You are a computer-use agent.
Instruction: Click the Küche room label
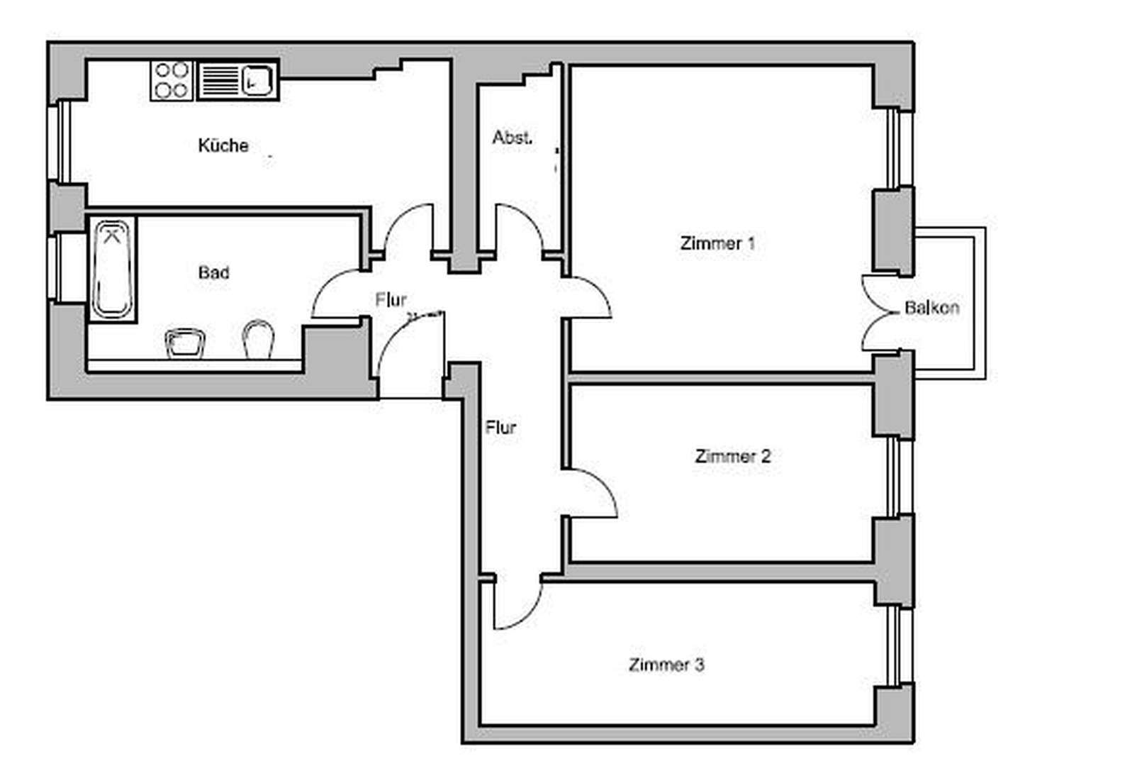point(223,145)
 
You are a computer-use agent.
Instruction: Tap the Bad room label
point(213,272)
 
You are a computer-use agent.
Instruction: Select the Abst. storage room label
point(512,138)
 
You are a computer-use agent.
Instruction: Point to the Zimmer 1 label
point(717,243)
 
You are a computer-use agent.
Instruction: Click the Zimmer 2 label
point(732,456)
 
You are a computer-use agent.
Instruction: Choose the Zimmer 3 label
point(666,665)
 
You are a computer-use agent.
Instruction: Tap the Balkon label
point(931,308)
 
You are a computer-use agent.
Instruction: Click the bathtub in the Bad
point(112,269)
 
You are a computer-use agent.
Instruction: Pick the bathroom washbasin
point(185,342)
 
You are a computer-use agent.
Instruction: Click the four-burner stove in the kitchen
point(172,80)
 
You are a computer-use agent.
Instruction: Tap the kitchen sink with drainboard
point(237,80)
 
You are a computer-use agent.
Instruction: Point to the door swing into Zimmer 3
point(516,603)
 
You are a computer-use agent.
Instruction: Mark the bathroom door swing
point(337,294)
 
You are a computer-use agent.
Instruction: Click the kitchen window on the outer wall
point(59,141)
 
